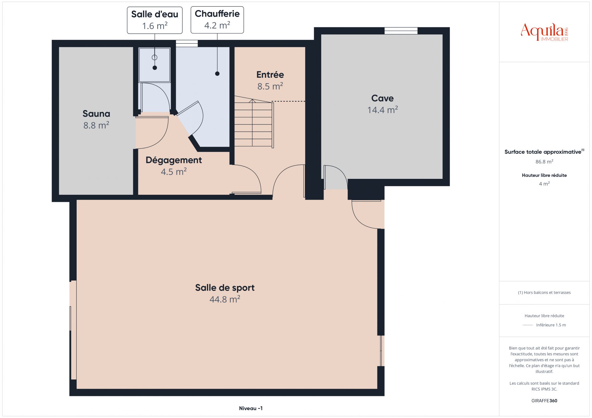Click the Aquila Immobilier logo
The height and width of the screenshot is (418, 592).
pyautogui.click(x=544, y=32)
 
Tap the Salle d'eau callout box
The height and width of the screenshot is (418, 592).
pyautogui.click(x=155, y=20)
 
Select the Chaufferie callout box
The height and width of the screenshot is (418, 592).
pyautogui.click(x=217, y=20)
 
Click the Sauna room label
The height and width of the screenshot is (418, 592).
pyautogui.click(x=96, y=114)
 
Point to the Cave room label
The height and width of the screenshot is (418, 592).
pyautogui.click(x=382, y=98)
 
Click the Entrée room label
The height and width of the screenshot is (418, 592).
pyautogui.click(x=270, y=74)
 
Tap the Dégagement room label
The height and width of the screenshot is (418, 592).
pyautogui.click(x=174, y=160)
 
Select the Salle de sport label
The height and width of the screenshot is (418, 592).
pyautogui.click(x=225, y=288)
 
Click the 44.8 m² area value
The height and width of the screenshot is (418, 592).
pyautogui.click(x=225, y=299)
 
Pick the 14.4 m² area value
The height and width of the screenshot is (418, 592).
pyautogui.click(x=382, y=110)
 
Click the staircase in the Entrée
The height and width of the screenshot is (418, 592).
pyautogui.click(x=254, y=121)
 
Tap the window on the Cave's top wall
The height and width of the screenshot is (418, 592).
pyautogui.click(x=401, y=31)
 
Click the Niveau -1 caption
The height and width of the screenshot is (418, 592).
pyautogui.click(x=251, y=408)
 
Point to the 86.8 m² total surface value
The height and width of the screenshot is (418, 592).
pyautogui.click(x=544, y=162)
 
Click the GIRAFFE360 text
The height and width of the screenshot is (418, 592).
pyautogui.click(x=544, y=401)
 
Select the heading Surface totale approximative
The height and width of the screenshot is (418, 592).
pyautogui.click(x=543, y=152)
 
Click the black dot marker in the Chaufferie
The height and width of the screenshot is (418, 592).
pyautogui.click(x=217, y=74)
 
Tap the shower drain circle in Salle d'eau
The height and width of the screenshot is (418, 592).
pyautogui.click(x=155, y=57)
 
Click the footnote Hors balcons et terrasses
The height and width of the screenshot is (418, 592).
pyautogui.click(x=544, y=293)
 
